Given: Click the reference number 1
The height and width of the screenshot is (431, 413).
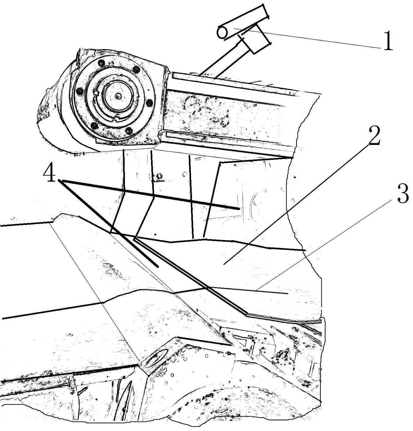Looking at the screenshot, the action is point(388,41).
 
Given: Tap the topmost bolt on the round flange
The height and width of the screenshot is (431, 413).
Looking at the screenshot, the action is point(101,63).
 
